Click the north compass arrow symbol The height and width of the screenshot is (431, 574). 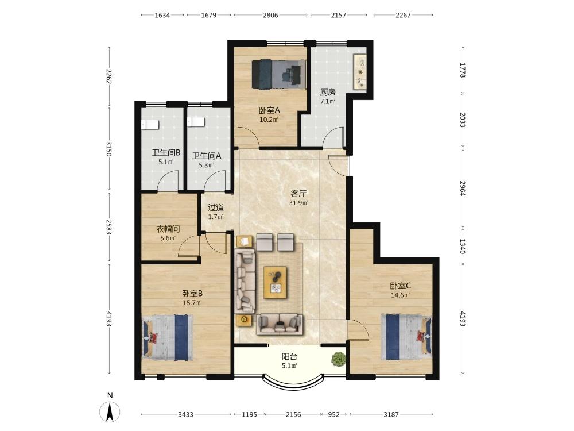click(110, 411)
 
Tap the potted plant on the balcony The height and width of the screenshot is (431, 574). click(338, 359)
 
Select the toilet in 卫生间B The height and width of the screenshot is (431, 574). click(150, 125)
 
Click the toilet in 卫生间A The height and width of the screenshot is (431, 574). click(196, 122)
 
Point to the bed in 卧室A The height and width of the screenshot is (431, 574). click(279, 74)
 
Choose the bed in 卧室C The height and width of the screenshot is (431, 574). click(406, 336)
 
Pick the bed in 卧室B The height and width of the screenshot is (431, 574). click(167, 337)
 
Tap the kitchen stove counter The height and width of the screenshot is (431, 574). click(360, 72)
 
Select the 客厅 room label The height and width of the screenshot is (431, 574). click(298, 194)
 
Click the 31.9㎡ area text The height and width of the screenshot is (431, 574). click(298, 203)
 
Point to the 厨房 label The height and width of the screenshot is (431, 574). click(328, 93)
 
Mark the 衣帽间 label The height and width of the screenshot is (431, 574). click(168, 229)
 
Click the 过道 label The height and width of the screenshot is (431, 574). click(216, 207)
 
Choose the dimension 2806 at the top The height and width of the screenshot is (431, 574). click(270, 15)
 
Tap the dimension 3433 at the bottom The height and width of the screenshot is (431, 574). click(185, 414)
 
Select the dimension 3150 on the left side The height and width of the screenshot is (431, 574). click(108, 148)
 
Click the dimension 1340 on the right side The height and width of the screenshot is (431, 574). click(462, 246)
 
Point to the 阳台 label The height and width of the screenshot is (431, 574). click(289, 357)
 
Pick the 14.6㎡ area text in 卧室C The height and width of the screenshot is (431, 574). click(400, 295)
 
